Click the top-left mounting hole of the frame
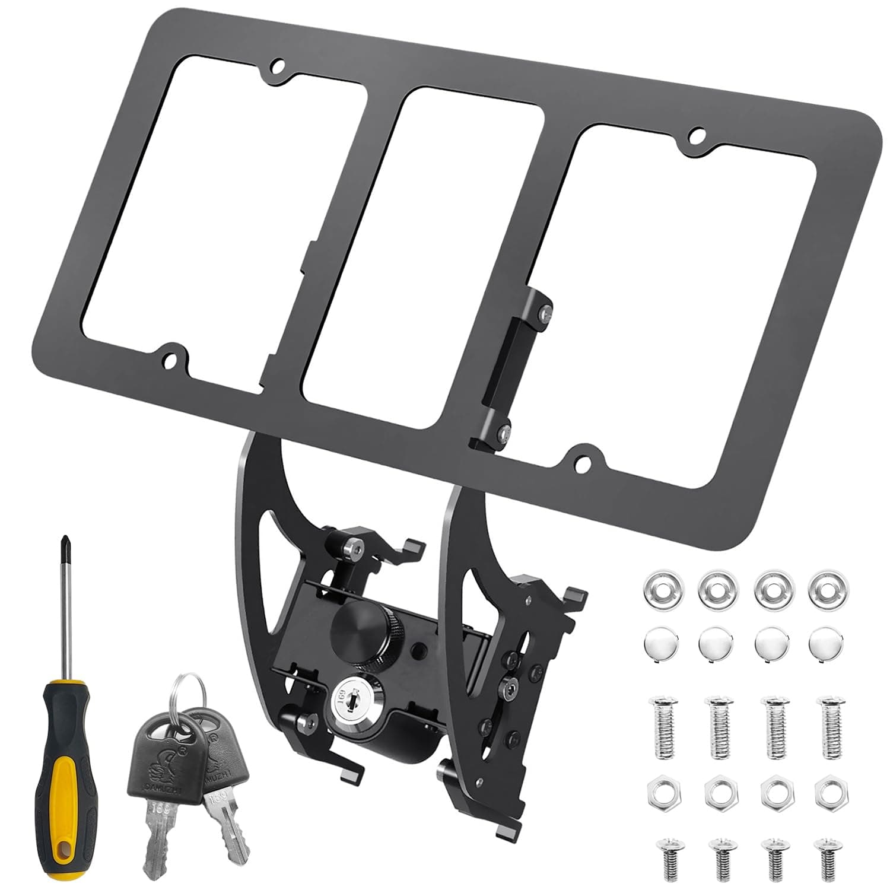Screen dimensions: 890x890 tap(276, 66)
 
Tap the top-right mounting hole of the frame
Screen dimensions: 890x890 tap(697, 135)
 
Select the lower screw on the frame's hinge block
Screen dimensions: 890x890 tap(504, 432)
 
